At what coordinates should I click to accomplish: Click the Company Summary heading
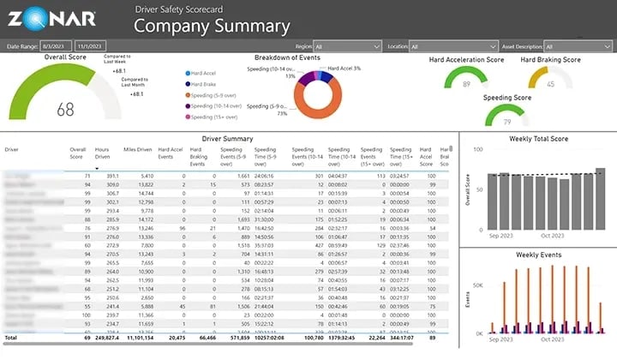tap(212, 26)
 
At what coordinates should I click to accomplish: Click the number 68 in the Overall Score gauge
tap(66, 110)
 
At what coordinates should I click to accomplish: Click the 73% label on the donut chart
tap(281, 113)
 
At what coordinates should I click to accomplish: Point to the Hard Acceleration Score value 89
tap(467, 84)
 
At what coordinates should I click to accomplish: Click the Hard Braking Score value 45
tap(550, 84)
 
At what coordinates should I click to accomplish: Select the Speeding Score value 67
tap(509, 119)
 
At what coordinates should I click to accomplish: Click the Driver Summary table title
tap(226, 137)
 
